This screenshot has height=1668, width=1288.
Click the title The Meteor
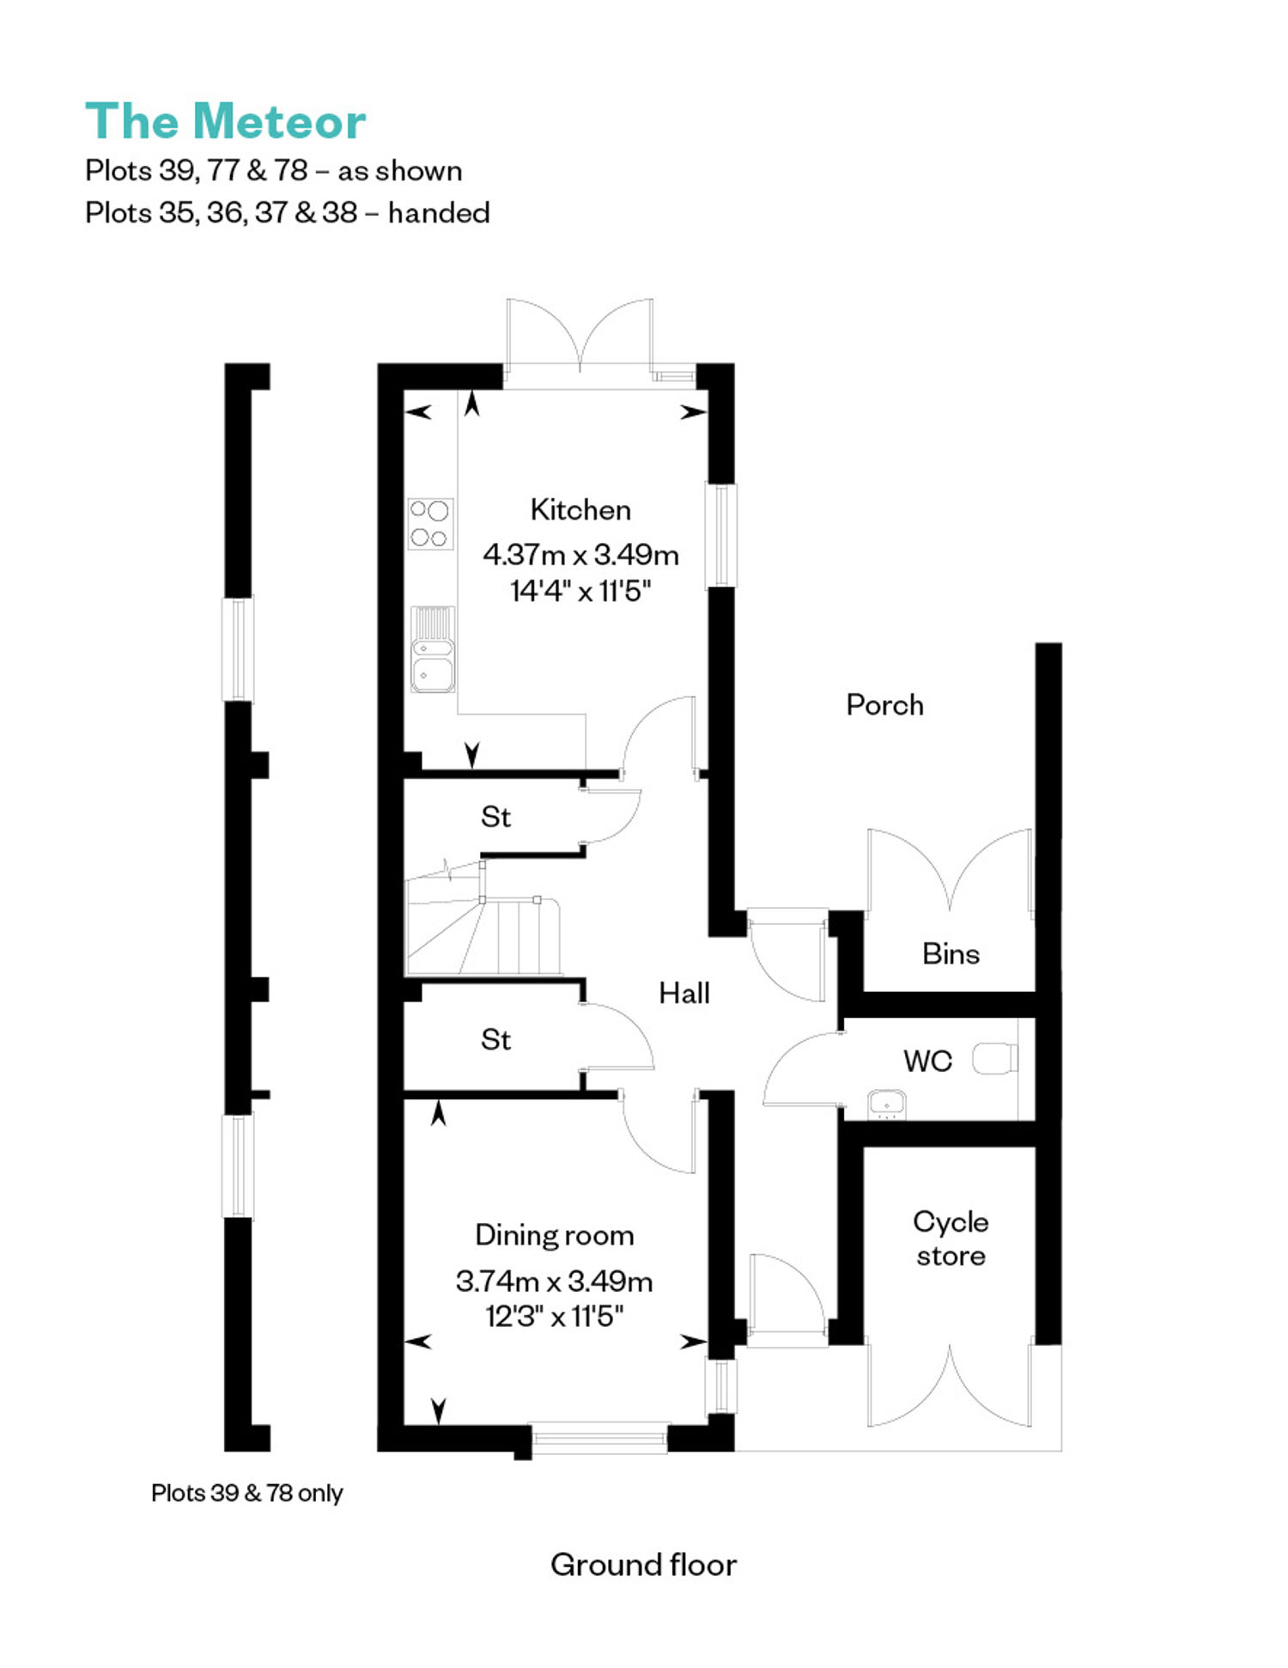(x=226, y=121)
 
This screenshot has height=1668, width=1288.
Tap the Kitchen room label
(x=580, y=509)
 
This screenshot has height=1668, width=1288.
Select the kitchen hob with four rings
(x=430, y=524)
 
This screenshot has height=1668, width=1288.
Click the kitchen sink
(x=433, y=649)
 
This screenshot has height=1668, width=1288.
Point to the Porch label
(x=885, y=705)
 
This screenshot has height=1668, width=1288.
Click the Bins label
(x=951, y=953)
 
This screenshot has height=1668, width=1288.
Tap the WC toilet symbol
(x=995, y=1058)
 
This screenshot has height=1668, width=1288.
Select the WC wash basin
(x=887, y=1105)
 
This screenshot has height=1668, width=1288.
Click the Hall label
(x=684, y=993)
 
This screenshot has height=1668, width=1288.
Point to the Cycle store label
(x=951, y=1239)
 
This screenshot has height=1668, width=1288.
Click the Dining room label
(x=555, y=1235)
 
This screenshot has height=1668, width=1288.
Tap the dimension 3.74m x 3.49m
(x=555, y=1281)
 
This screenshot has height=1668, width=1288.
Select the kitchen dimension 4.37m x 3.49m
(x=581, y=555)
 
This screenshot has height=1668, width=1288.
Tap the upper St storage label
(x=495, y=817)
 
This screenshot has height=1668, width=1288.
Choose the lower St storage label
(x=495, y=1040)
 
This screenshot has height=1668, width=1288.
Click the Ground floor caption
(x=644, y=1565)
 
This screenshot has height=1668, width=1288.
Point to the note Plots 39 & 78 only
(x=247, y=1493)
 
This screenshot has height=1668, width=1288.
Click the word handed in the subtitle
(x=439, y=212)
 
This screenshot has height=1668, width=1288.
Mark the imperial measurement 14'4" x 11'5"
(x=581, y=591)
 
